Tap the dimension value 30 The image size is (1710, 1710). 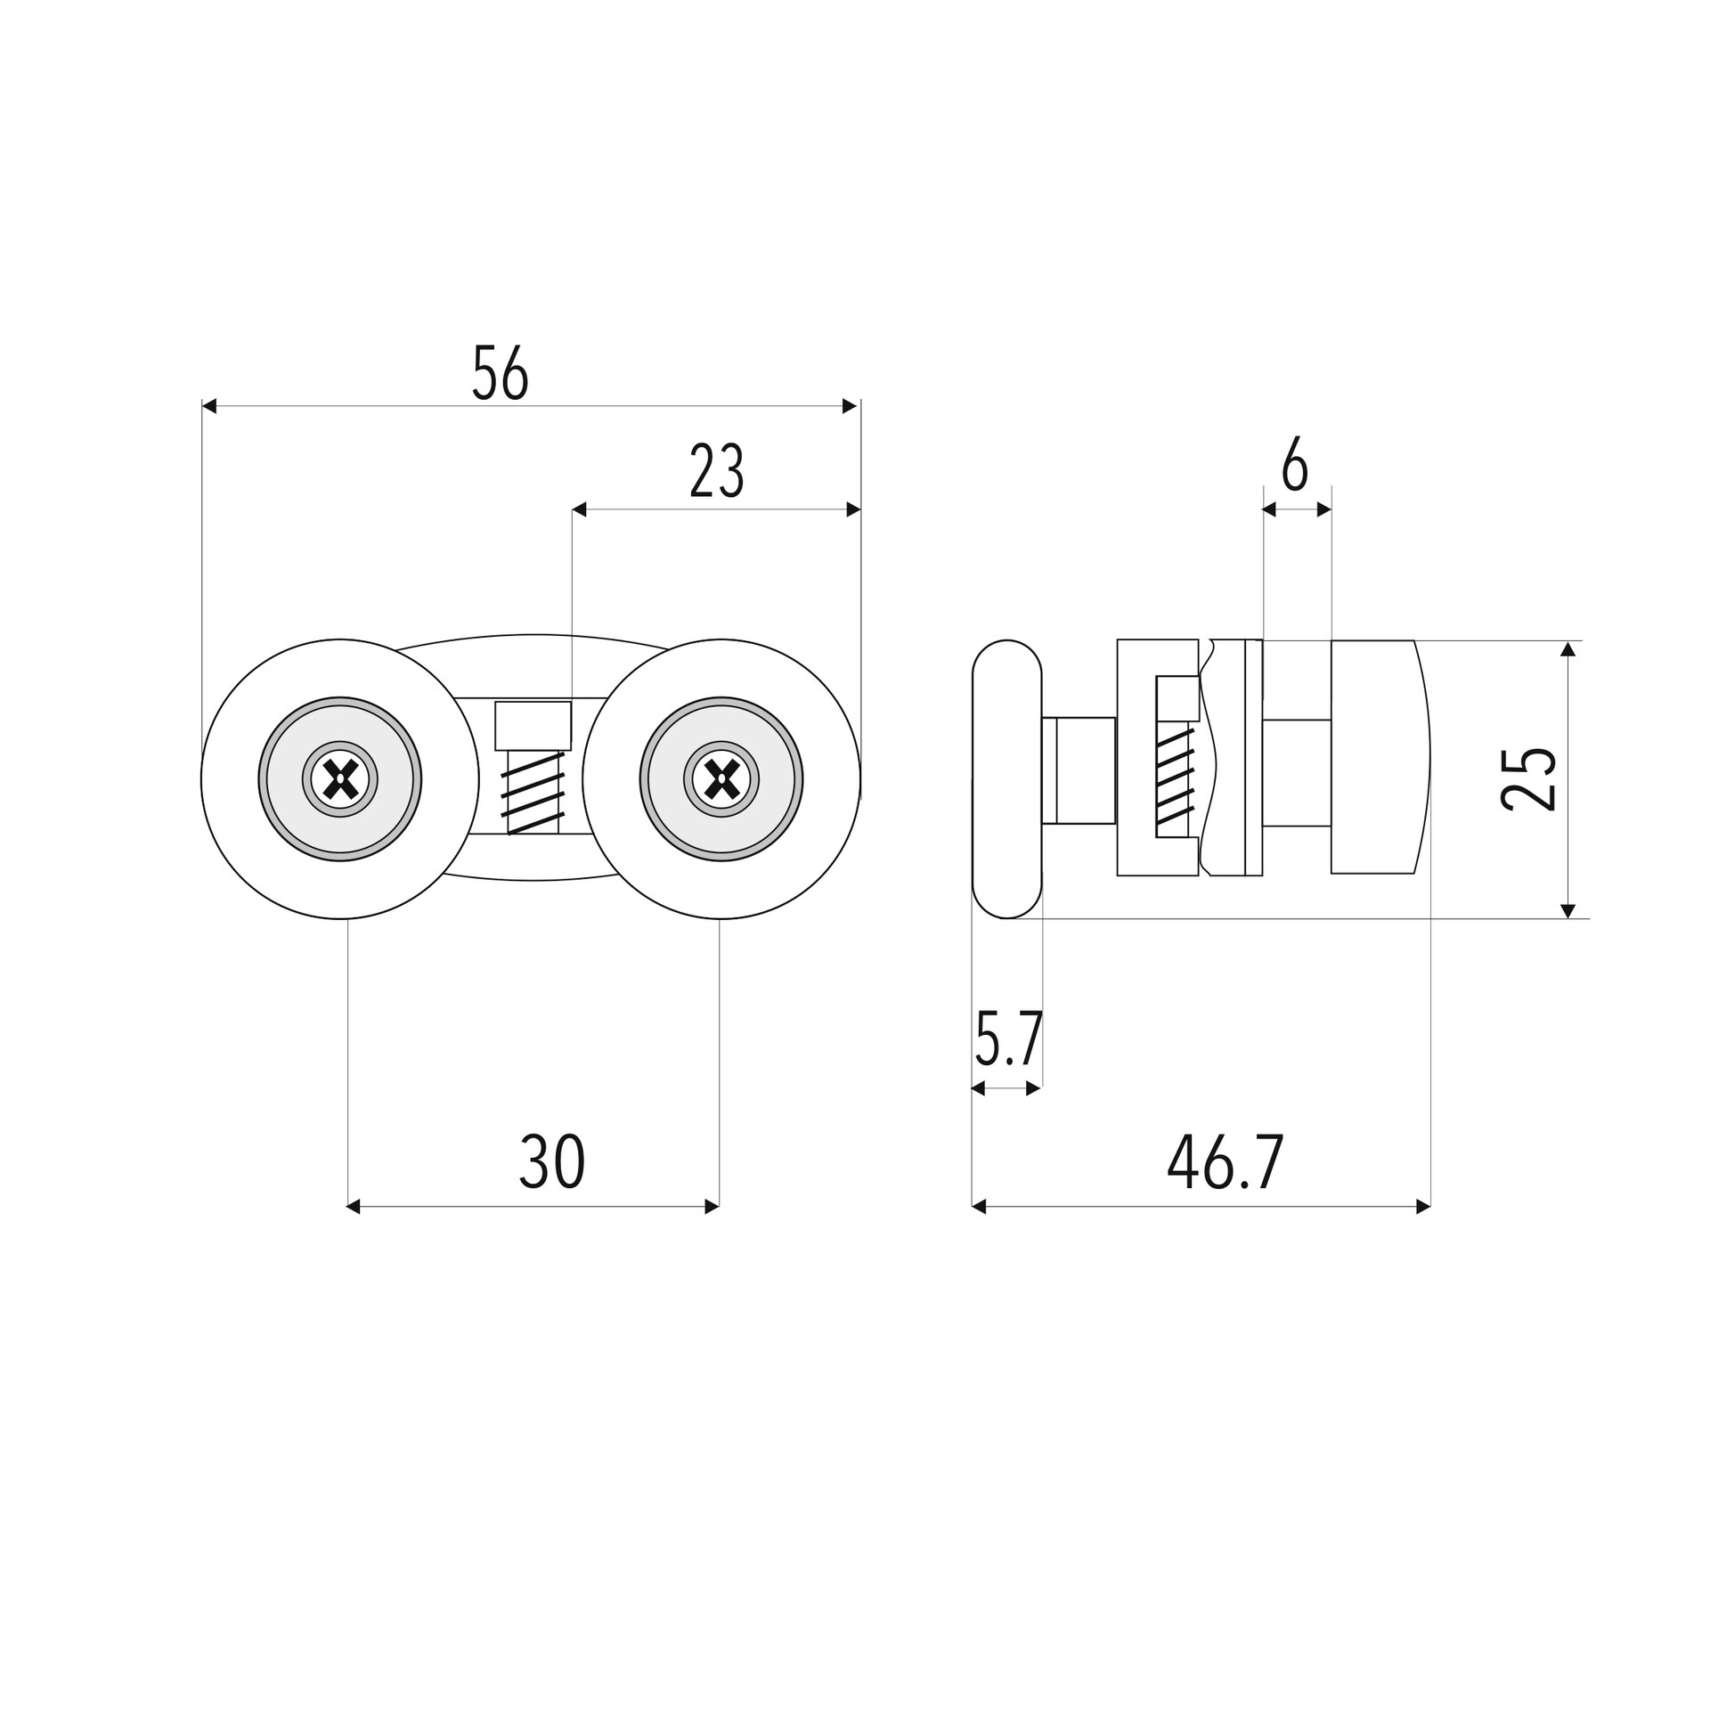pos(552,1161)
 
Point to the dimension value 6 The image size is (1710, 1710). pos(1295,465)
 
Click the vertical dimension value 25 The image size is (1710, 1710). pos(1528,778)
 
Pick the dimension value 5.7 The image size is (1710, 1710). pos(1007,1038)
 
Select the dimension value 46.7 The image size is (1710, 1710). pos(1225,1162)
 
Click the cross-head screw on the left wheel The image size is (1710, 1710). pos(340,780)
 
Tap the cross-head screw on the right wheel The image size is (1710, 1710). pos(721,780)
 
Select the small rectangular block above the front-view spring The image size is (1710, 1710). pos(533,725)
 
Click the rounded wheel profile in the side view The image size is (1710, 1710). pos(1006,778)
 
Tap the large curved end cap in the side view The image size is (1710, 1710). pos(1380,757)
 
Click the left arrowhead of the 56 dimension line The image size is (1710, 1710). pos(209,406)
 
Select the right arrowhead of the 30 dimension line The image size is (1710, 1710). pos(712,1207)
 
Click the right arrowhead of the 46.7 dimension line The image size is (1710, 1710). pos(1423,1207)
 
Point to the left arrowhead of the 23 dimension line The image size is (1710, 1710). pos(579,509)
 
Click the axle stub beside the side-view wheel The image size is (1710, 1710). pos(1079,770)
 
